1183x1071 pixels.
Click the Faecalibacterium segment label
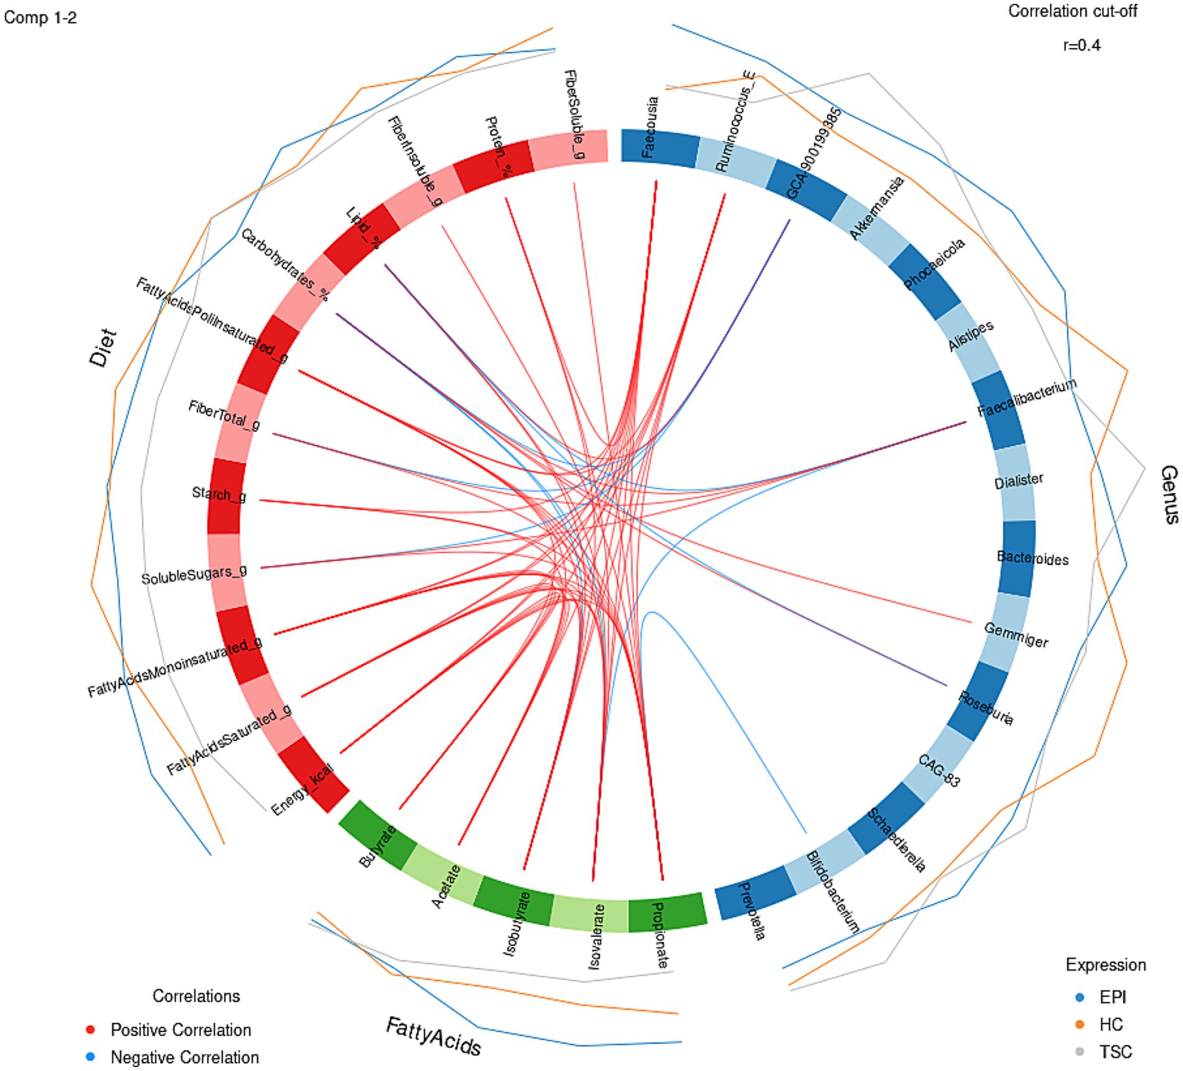[x=1026, y=399]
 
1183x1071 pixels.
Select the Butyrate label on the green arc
[x=377, y=846]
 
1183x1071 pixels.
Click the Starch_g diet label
[x=219, y=494]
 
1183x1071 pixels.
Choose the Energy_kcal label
[x=303, y=789]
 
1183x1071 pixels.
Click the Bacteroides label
[x=1032, y=558]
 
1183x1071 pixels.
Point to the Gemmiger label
[x=1016, y=635]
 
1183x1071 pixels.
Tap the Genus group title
[x=1169, y=494]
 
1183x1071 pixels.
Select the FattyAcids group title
[x=434, y=1036]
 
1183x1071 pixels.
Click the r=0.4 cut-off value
[x=1082, y=45]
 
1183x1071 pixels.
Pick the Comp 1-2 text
[x=40, y=17]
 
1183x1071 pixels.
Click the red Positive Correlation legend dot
[x=91, y=1029]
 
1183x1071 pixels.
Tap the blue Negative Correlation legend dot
[x=91, y=1057]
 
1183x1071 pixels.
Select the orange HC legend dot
[x=1080, y=1024]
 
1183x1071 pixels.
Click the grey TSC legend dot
[x=1080, y=1052]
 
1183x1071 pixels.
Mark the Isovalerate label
[x=595, y=937]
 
